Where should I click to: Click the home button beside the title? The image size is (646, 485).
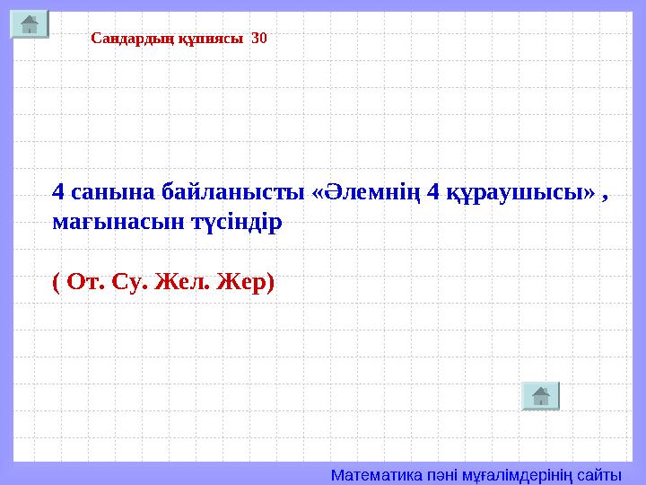[30, 24]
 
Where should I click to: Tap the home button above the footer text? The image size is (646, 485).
[540, 396]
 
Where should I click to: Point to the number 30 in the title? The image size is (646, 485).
[259, 39]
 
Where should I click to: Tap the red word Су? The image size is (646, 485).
[132, 282]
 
